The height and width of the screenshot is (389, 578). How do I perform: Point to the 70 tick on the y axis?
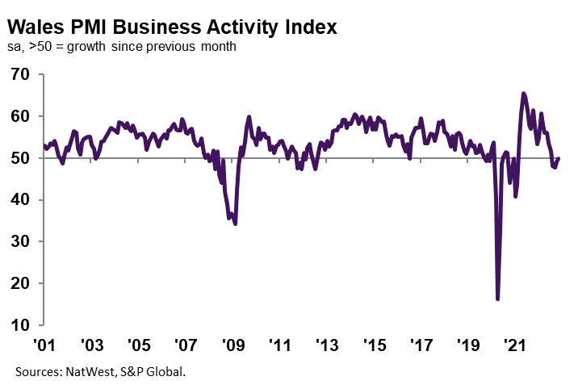pyautogui.click(x=20, y=74)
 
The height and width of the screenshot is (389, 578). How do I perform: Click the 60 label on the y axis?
pyautogui.click(x=20, y=116)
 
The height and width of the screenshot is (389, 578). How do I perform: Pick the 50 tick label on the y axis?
pyautogui.click(x=20, y=158)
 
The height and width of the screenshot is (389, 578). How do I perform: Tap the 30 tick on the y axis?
pyautogui.click(x=20, y=242)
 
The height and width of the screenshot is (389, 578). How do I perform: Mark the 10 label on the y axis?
pyautogui.click(x=20, y=325)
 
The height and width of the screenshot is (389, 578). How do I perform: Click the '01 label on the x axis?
pyautogui.click(x=44, y=345)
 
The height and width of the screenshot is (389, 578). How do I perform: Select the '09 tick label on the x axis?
pyautogui.click(x=232, y=345)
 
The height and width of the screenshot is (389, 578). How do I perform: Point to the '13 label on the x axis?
pyautogui.click(x=327, y=345)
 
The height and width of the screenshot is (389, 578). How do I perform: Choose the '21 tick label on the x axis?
pyautogui.click(x=515, y=345)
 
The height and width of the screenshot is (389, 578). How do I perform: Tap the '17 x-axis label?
pyautogui.click(x=421, y=345)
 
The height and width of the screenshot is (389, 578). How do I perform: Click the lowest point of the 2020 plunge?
pyautogui.click(x=498, y=299)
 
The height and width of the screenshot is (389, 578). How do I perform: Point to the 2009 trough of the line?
pyautogui.click(x=235, y=224)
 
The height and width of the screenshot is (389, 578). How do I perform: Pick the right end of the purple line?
pyautogui.click(x=559, y=158)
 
